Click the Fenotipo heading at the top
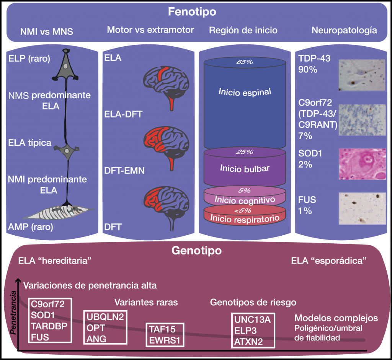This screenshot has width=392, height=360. coord(192,12)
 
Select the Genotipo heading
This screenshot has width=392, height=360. coord(196,251)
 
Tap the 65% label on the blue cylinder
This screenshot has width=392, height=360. coord(245,62)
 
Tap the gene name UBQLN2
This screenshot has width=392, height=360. coord(106,317)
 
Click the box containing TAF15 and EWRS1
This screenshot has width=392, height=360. coord(165,335)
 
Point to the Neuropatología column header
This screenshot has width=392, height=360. coord(344,30)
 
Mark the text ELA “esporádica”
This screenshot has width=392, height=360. coord(329,261)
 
